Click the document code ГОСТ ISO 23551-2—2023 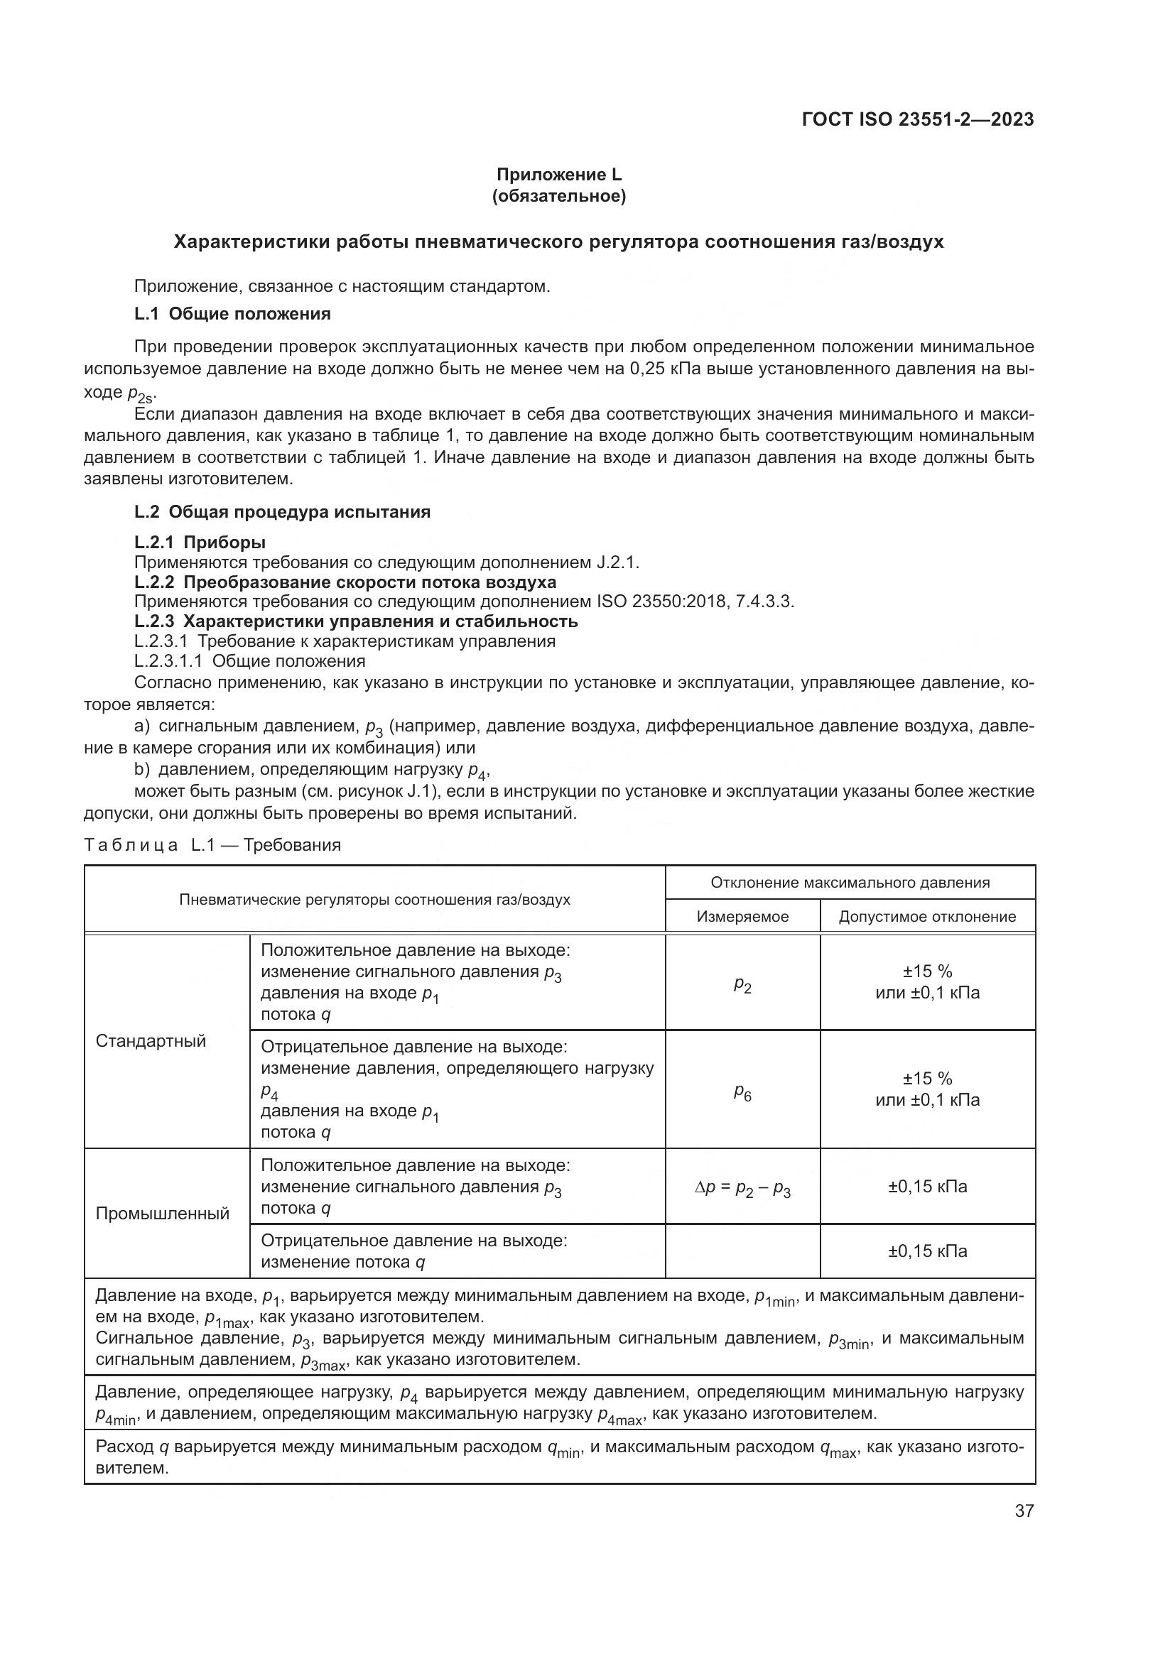point(917,119)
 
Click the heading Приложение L point(558,175)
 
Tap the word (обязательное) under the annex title point(558,196)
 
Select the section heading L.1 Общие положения point(232,314)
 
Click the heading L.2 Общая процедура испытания point(282,512)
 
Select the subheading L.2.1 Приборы point(200,543)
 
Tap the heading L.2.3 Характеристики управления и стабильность point(356,621)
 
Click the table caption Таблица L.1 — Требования point(212,845)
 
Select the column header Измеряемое point(742,917)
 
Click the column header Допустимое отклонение point(927,917)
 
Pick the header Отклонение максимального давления point(850,883)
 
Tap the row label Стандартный point(151,1041)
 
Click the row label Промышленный point(162,1213)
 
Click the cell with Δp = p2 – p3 point(742,1189)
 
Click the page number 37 point(1024,1510)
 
